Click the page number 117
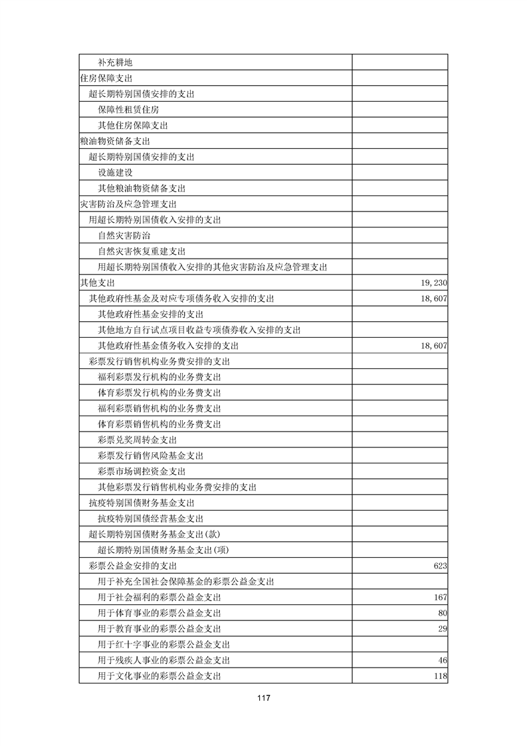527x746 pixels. [263, 698]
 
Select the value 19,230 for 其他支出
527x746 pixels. [431, 283]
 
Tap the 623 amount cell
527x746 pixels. [439, 566]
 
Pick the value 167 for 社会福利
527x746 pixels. [439, 597]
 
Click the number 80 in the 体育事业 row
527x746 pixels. [442, 613]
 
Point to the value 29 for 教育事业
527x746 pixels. [442, 629]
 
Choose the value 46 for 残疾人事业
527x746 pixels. [442, 660]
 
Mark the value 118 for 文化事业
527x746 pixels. [439, 676]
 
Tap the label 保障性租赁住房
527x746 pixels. [128, 110]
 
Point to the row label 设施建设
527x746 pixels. [115, 173]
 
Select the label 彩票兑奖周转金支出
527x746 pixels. [137, 440]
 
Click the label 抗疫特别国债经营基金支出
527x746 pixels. [150, 519]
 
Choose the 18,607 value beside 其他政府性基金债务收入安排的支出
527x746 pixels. [431, 346]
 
